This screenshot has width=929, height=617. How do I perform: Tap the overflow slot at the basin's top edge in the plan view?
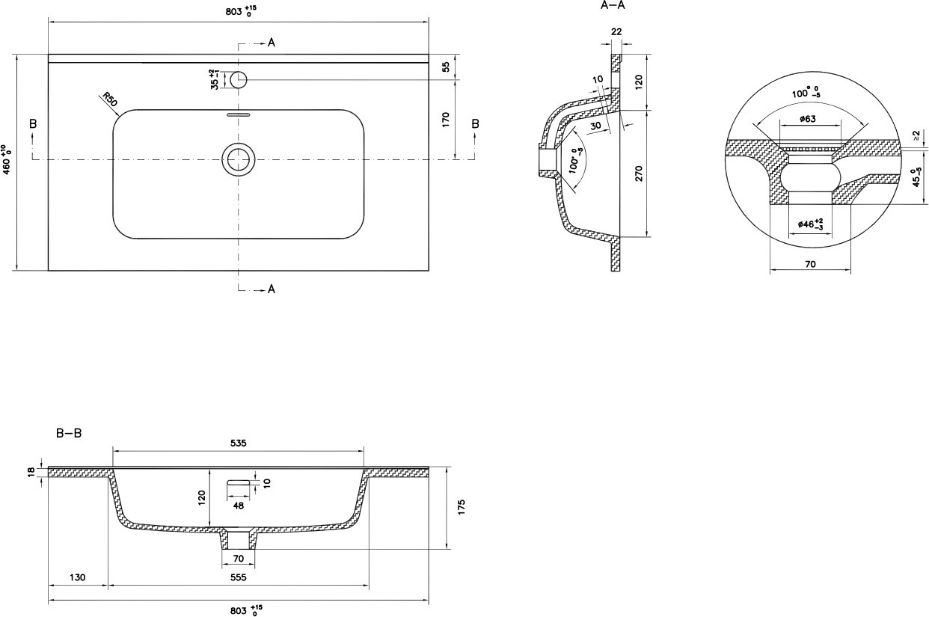click(239, 114)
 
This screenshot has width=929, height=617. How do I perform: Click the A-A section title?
click(613, 6)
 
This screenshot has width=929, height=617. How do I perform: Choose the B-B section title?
click(69, 433)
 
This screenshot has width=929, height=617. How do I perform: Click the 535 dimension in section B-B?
click(239, 443)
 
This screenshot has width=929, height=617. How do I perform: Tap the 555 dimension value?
click(239, 577)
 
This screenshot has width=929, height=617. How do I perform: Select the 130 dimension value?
click(78, 577)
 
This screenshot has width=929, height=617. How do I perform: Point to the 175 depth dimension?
click(462, 507)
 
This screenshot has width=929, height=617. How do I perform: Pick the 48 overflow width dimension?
click(239, 506)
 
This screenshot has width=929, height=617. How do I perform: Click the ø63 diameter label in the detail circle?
click(808, 119)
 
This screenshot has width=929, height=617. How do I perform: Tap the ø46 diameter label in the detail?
click(810, 224)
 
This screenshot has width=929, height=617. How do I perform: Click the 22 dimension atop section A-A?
click(616, 31)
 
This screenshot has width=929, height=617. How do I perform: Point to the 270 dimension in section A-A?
click(639, 174)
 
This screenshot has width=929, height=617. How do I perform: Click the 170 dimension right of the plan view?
click(446, 120)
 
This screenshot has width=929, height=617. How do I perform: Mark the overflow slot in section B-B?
click(239, 482)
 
